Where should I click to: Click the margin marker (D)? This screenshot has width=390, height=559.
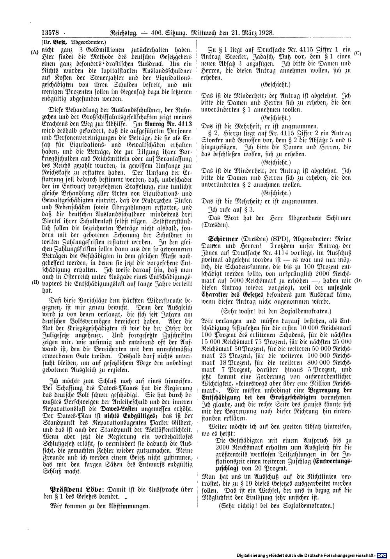tap(356, 270)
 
